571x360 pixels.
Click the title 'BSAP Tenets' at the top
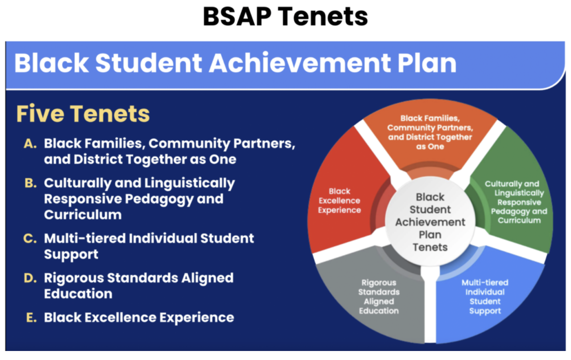[x=285, y=17]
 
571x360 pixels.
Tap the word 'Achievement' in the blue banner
[x=300, y=63]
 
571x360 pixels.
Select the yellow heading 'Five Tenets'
[x=83, y=114]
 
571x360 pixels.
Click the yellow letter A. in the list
[x=30, y=144]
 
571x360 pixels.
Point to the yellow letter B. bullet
[x=31, y=183]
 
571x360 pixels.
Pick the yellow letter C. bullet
[x=30, y=239]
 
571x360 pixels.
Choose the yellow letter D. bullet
[x=30, y=278]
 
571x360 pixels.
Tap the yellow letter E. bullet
[x=31, y=318]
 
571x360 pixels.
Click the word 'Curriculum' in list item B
[x=83, y=215]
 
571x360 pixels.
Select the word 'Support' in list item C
[x=71, y=255]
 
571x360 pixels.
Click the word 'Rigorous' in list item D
[x=74, y=278]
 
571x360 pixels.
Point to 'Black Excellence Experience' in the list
[x=139, y=318]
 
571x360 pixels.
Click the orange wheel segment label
[x=430, y=132]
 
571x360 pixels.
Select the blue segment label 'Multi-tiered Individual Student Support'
[x=485, y=297]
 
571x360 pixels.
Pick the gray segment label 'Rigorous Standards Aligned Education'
[x=379, y=297]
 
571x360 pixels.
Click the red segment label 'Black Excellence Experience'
[x=339, y=200]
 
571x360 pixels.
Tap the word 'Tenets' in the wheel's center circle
[x=430, y=247]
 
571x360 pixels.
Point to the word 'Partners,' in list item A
[x=264, y=144]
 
